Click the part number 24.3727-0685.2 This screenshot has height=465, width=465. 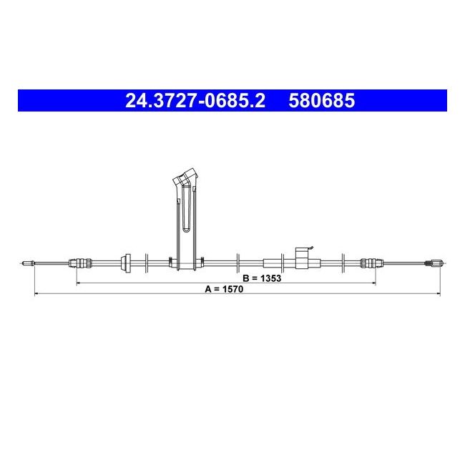pos(195,101)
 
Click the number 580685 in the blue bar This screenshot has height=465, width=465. pos(321,101)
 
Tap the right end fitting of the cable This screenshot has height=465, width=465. pos(434,263)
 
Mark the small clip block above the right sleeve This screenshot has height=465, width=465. pos(303,253)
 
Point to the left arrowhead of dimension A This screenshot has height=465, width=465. pos(36,294)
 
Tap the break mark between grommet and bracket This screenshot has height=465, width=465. pos(147,263)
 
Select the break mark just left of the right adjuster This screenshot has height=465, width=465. pos(345,263)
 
